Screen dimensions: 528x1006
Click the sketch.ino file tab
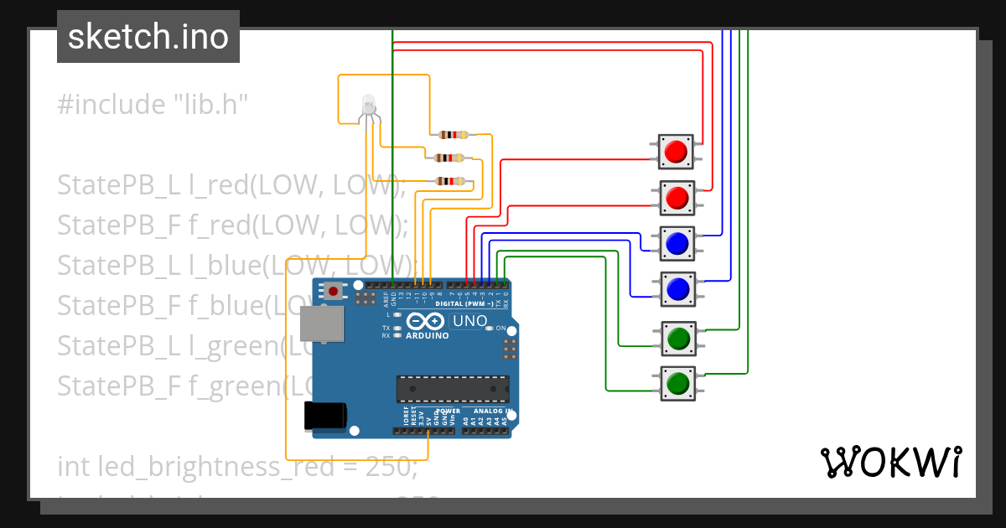tap(148, 37)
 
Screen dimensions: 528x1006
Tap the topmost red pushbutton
tap(676, 152)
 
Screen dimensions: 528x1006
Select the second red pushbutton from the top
tap(676, 198)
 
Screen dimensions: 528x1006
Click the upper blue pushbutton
tap(676, 243)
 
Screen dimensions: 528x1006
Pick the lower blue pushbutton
tap(676, 289)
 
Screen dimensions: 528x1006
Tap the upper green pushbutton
tap(676, 339)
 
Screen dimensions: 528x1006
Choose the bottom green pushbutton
tap(676, 384)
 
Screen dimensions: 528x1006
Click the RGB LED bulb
tap(367, 105)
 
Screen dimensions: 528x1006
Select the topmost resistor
tap(453, 135)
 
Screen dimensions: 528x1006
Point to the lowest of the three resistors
tap(450, 180)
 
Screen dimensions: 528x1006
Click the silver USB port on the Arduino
tap(322, 324)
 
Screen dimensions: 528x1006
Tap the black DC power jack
tap(325, 415)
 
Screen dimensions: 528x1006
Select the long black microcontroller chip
tap(453, 389)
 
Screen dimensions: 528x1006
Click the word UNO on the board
tap(469, 321)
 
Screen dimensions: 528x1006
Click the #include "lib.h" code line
tap(153, 105)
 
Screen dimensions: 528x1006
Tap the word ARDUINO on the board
tap(427, 335)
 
